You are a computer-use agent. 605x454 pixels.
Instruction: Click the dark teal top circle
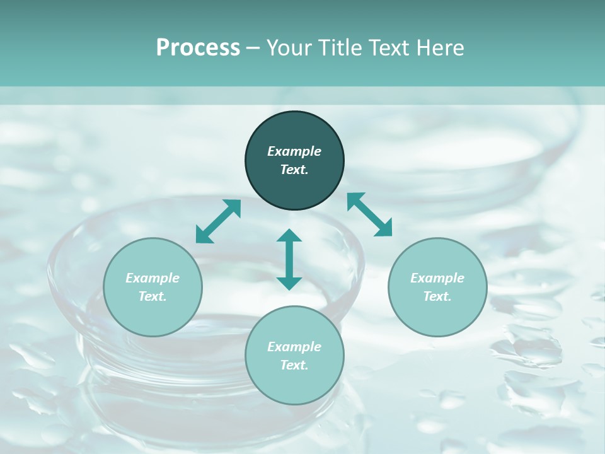(x=294, y=161)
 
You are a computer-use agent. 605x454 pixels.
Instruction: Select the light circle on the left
(x=153, y=287)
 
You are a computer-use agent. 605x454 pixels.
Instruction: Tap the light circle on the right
(x=437, y=287)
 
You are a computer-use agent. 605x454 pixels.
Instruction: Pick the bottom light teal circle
(x=294, y=356)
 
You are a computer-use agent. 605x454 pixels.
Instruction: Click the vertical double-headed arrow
(x=289, y=259)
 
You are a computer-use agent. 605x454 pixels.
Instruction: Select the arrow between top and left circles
(x=218, y=221)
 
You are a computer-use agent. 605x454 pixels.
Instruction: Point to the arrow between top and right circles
(x=370, y=215)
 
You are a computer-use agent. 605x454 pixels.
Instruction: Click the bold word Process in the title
(x=198, y=47)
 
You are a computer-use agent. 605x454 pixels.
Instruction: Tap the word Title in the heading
(x=341, y=47)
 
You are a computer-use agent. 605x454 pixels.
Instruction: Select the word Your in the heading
(x=289, y=47)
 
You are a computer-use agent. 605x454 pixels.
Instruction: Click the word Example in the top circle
(x=294, y=151)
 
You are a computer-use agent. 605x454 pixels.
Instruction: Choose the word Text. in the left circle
(x=153, y=296)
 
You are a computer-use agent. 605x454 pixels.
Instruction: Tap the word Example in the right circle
(x=437, y=278)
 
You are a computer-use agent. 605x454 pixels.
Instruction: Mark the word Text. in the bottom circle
(x=294, y=365)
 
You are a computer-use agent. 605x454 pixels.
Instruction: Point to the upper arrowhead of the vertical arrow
(x=289, y=236)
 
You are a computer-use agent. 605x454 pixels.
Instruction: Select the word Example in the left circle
(x=153, y=278)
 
